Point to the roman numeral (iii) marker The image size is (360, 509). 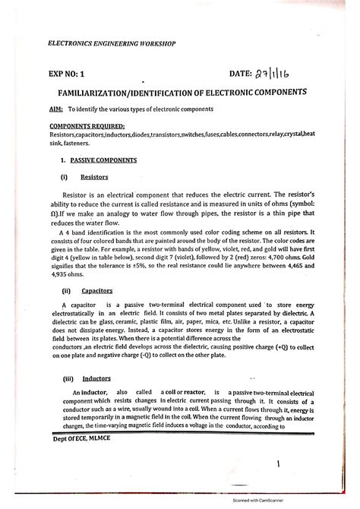(65, 378)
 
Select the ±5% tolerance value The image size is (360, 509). (137, 267)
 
